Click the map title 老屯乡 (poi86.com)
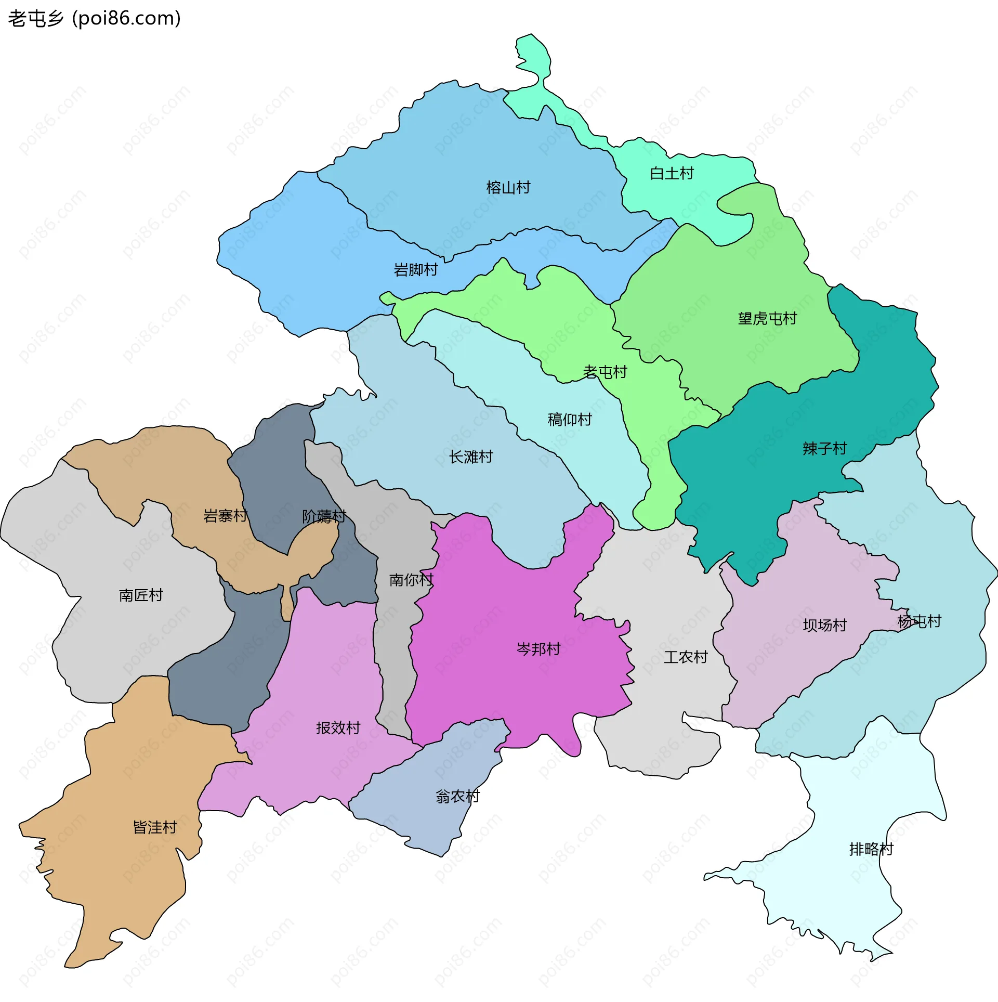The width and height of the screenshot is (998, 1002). (x=94, y=19)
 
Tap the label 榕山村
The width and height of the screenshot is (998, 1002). (x=508, y=187)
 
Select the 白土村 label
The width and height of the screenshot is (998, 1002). (x=672, y=173)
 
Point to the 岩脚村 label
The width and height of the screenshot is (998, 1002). (x=415, y=270)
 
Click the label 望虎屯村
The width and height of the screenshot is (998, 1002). (x=767, y=318)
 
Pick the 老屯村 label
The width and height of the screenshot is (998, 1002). (x=605, y=372)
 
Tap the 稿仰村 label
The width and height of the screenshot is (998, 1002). (x=570, y=419)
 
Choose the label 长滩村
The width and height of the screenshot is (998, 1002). (x=471, y=457)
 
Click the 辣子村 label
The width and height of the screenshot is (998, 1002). (x=824, y=448)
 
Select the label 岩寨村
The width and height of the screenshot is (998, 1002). (x=225, y=516)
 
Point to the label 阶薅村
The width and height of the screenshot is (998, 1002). (x=324, y=516)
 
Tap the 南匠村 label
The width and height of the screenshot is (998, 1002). (x=141, y=595)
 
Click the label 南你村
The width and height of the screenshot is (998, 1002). (x=411, y=580)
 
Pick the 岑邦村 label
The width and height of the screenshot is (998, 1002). (x=539, y=649)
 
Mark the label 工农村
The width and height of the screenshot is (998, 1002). (x=686, y=657)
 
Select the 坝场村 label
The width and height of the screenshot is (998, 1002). (x=825, y=625)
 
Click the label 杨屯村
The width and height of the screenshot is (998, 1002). (x=919, y=621)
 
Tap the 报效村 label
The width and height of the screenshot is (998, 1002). (x=338, y=728)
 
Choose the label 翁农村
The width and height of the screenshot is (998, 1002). (x=457, y=797)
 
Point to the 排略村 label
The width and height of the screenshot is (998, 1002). (x=871, y=849)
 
